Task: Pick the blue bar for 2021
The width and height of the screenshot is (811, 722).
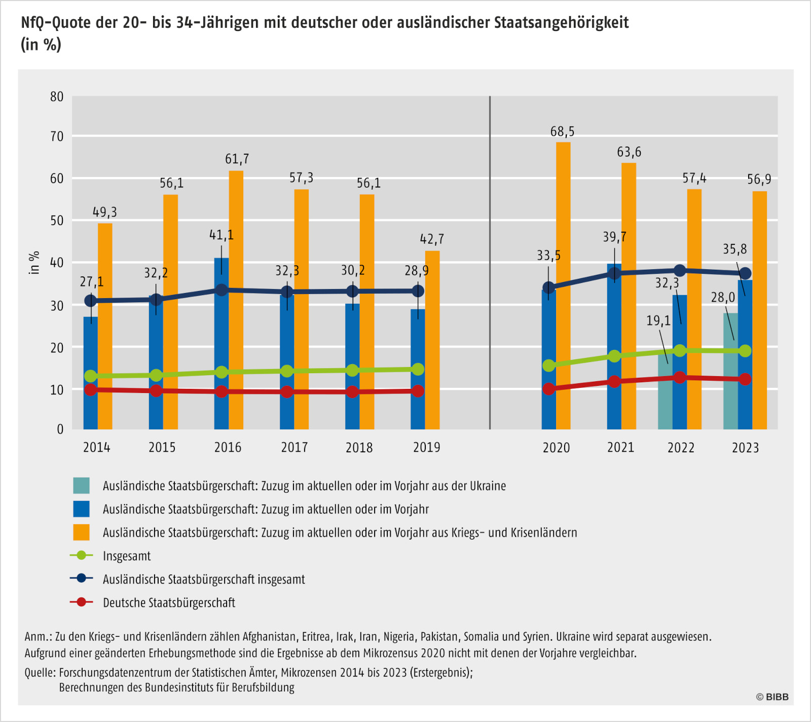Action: [x=614, y=350]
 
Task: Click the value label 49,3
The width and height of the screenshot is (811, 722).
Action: [x=105, y=212]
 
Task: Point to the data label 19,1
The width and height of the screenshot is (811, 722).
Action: [x=658, y=320]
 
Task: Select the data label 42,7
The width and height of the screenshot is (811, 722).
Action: [x=432, y=239]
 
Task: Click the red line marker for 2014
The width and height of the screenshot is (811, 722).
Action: [x=91, y=389]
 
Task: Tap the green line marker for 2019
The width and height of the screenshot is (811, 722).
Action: [x=418, y=369]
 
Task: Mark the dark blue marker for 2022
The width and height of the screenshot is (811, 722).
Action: [x=680, y=271]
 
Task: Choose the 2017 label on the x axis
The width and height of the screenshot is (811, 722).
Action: [x=294, y=447]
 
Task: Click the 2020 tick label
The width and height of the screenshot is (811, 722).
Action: [x=556, y=448]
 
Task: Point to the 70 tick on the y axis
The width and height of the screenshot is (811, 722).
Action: [x=57, y=136]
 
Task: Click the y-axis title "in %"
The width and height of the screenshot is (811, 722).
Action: [x=34, y=263]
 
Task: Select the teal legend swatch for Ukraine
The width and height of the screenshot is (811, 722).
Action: [x=81, y=486]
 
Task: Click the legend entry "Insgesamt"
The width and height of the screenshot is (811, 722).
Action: [x=127, y=556]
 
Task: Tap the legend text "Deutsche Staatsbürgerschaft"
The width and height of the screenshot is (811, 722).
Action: [x=169, y=603]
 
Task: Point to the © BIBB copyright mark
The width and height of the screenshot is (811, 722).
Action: [x=772, y=697]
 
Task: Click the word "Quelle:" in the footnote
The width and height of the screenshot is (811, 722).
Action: [x=41, y=673]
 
